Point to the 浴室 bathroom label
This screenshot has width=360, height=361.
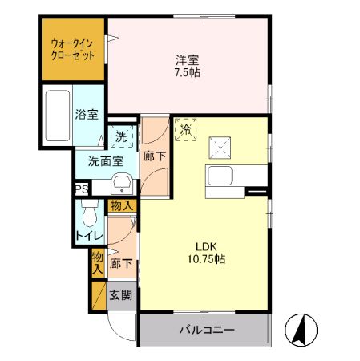pos(87,115)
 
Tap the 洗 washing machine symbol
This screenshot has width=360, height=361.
pos(120,137)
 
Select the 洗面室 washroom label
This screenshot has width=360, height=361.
pos(106,160)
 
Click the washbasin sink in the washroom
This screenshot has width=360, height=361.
pos(121,188)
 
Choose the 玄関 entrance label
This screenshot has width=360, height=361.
pos(121,294)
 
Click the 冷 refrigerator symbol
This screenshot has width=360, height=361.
pos(186,128)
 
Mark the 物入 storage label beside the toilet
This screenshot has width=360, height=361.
pos(121,207)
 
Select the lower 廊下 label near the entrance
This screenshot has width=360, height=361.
pos(121,262)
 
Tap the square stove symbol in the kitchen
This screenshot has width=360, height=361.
pos(220,148)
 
